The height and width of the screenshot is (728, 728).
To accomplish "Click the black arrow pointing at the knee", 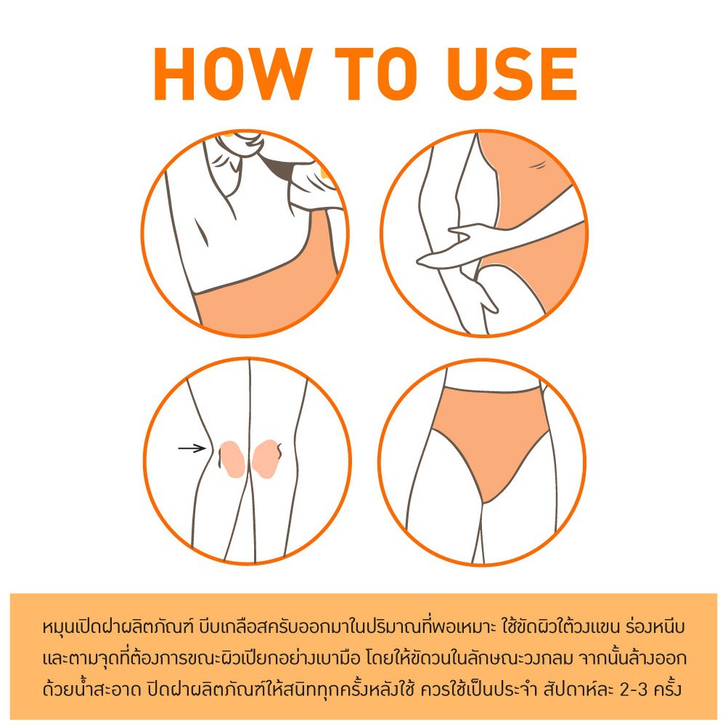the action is pyautogui.click(x=192, y=448).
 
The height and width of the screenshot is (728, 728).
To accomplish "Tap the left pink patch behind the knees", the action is pyautogui.click(x=232, y=459).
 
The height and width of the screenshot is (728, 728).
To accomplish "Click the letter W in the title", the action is pyautogui.click(x=279, y=73).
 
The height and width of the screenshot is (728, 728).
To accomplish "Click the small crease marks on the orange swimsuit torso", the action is pyautogui.click(x=537, y=164).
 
